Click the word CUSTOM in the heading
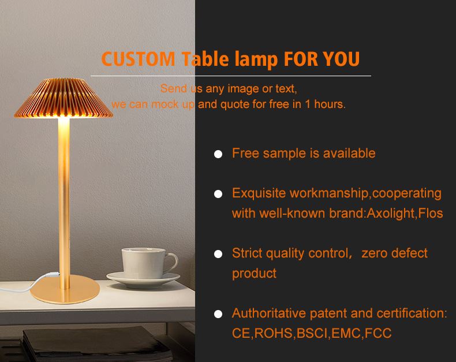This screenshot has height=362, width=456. coord(138,59)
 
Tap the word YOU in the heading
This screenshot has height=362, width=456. coord(341,59)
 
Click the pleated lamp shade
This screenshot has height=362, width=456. coord(63,98)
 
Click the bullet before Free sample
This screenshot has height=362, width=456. coord(218,154)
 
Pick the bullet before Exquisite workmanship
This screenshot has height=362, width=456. coord(218,194)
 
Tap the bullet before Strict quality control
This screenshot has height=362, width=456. coord(218,254)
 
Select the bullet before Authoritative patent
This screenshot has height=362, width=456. coord(218,315)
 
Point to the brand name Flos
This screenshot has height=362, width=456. coord(431,214)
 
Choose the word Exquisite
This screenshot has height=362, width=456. coord(259,193)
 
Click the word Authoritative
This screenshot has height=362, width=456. coord(268,314)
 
